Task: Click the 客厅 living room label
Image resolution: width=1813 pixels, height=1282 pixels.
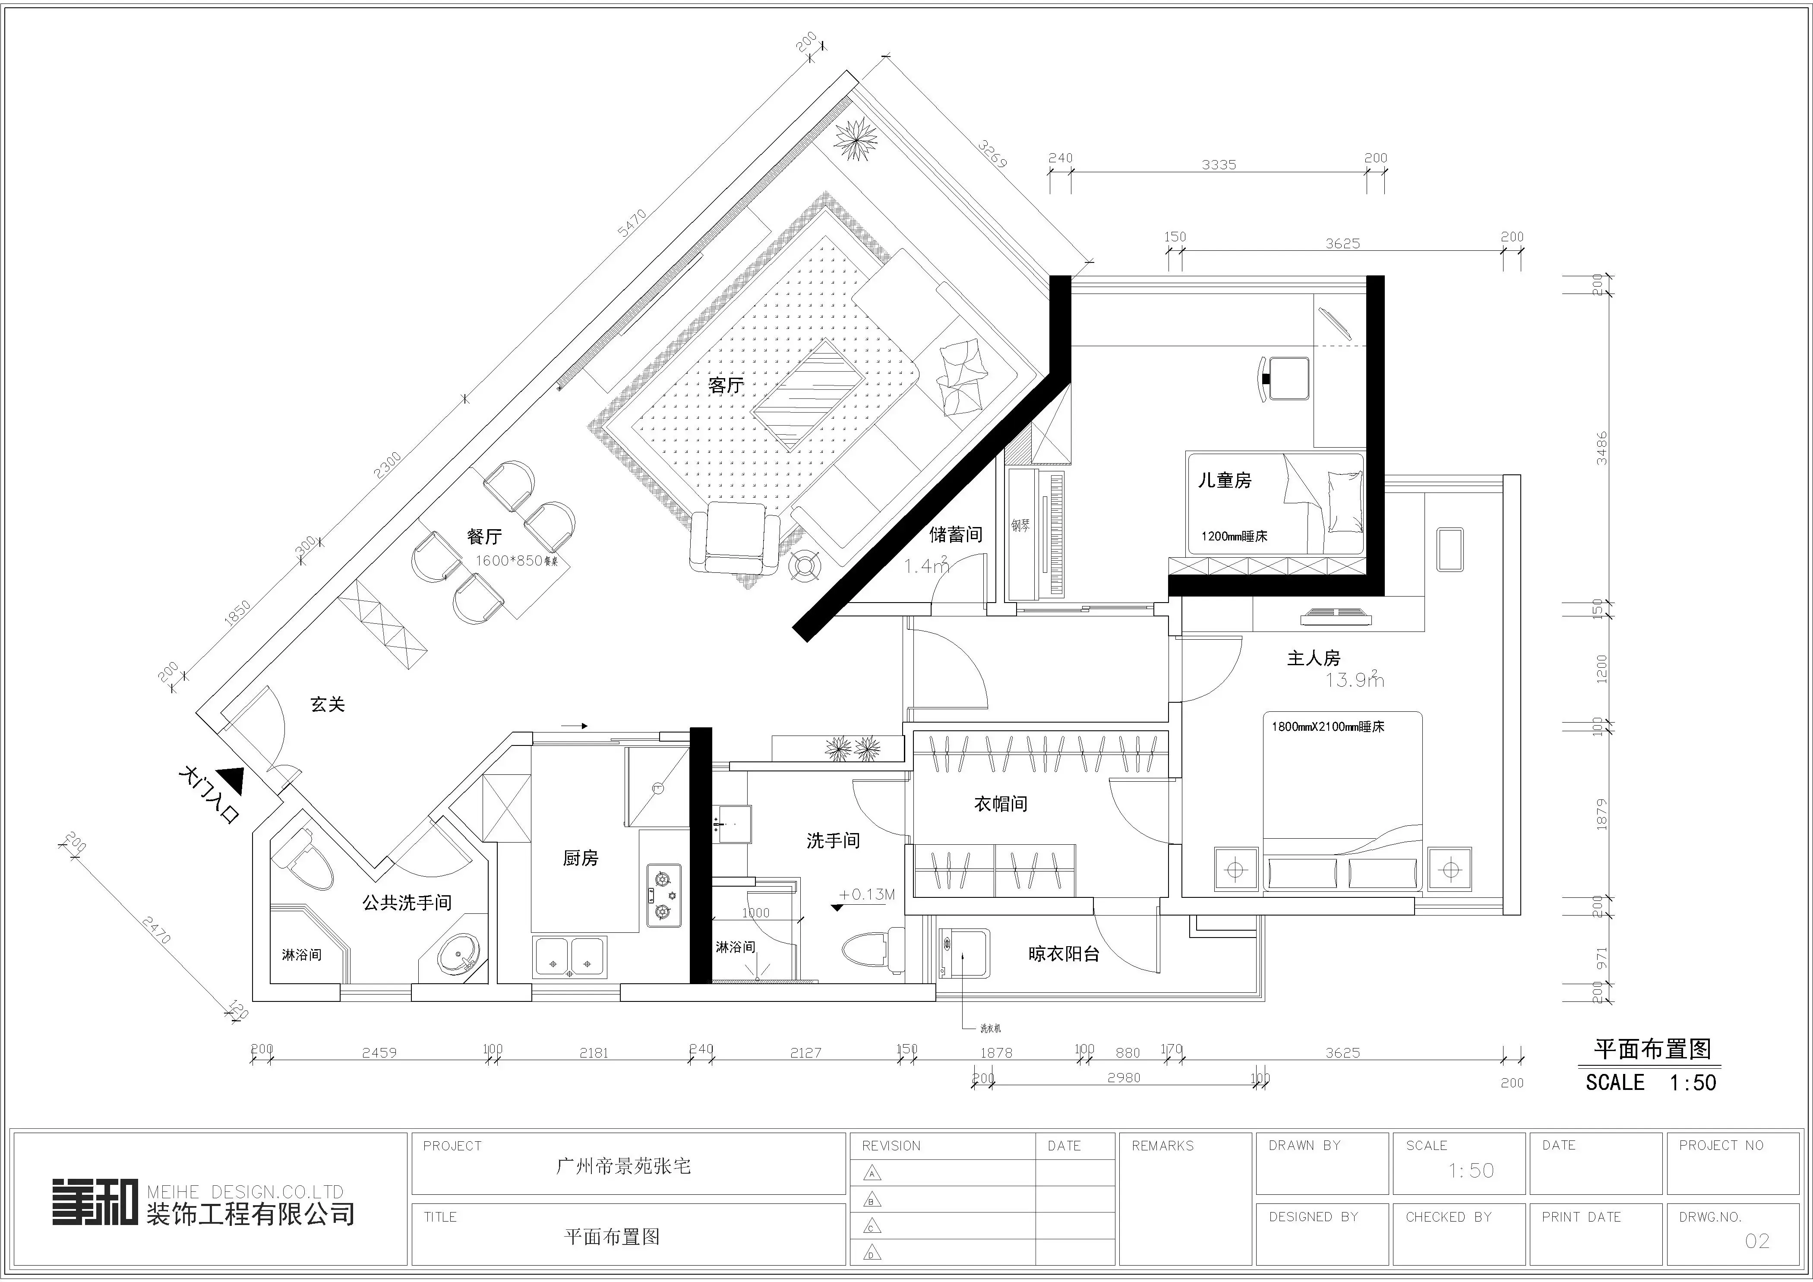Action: click(x=725, y=385)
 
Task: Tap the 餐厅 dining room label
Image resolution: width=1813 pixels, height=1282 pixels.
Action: click(x=484, y=537)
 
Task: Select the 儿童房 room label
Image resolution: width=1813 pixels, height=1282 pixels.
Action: click(x=1224, y=480)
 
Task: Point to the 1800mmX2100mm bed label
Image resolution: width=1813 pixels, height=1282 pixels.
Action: click(x=1327, y=727)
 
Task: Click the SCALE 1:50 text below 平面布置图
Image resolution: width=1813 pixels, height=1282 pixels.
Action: click(x=1650, y=1082)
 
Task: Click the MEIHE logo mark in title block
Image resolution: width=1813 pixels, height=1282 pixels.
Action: click(x=95, y=1201)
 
